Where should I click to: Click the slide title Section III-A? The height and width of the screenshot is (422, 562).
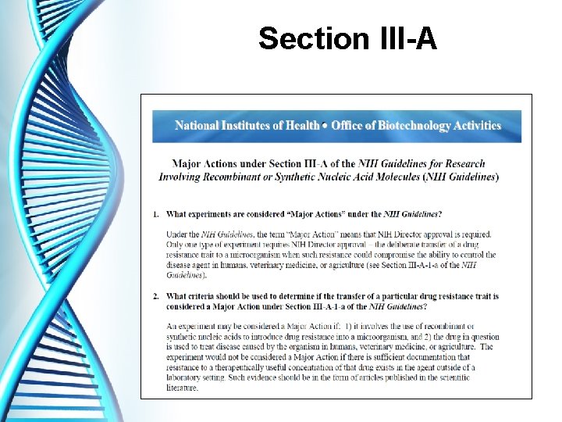[x=347, y=38]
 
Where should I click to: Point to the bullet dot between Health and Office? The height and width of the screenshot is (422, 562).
[x=325, y=125]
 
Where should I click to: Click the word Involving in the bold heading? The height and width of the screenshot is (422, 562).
[x=181, y=177]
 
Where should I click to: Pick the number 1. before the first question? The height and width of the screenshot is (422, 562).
[x=155, y=213]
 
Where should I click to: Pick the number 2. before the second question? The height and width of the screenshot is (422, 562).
[x=155, y=296]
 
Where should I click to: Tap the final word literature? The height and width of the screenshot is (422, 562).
[x=188, y=387]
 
